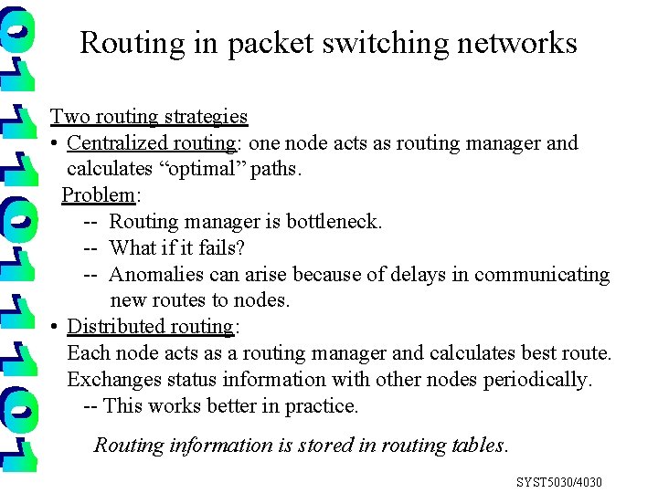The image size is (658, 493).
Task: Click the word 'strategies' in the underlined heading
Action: point(207,117)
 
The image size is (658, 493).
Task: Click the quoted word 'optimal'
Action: point(211,169)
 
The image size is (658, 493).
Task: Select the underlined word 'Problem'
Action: point(98,195)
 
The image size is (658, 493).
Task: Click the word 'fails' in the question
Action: point(220,248)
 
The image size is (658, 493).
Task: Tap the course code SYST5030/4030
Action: point(559,482)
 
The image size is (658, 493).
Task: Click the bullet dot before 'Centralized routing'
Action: point(56,144)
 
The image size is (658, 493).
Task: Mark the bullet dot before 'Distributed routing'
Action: point(56,328)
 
